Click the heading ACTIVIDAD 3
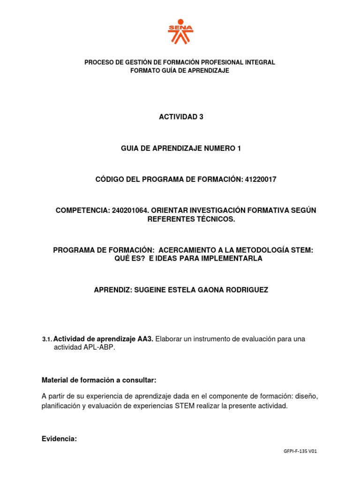coord(181,117)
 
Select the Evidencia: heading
coord(59,439)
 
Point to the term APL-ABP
coord(98,347)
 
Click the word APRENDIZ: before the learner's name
coord(112,290)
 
